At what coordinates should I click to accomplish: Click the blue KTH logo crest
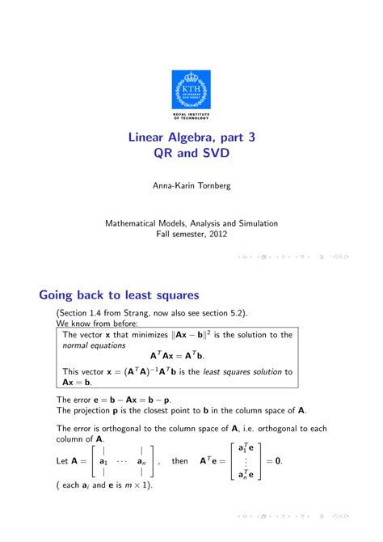191,87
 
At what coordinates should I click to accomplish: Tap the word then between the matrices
180,461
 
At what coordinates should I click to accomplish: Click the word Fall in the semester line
163,234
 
